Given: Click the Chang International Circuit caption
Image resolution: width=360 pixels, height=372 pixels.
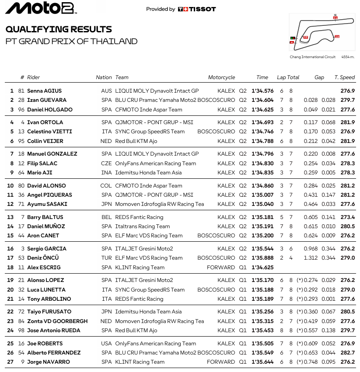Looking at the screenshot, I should [x=312, y=57].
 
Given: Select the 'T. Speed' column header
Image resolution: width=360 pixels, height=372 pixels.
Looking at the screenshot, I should [x=345, y=77].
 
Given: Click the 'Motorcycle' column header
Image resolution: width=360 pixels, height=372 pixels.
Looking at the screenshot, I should [x=221, y=77].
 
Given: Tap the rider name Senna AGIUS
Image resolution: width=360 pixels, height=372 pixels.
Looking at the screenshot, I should [x=45, y=91].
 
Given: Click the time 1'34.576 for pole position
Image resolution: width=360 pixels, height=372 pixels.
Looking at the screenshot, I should [x=262, y=91].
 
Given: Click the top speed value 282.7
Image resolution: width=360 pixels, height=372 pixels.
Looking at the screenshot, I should [x=348, y=352].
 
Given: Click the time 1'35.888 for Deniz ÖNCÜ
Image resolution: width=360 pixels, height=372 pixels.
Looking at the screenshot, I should [x=262, y=258].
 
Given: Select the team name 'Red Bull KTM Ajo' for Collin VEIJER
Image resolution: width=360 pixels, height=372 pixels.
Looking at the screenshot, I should [x=136, y=141].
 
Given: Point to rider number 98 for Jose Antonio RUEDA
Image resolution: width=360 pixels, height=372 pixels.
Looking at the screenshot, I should [x=21, y=330].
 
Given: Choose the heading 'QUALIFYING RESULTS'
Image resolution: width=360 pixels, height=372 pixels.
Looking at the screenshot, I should [x=59, y=29].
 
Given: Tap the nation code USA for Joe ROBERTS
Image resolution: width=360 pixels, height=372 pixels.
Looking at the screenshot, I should [x=106, y=343].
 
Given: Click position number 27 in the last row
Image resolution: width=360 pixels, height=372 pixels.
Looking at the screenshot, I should [x=11, y=362].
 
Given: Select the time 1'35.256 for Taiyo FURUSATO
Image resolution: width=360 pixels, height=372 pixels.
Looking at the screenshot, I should [x=262, y=312].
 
